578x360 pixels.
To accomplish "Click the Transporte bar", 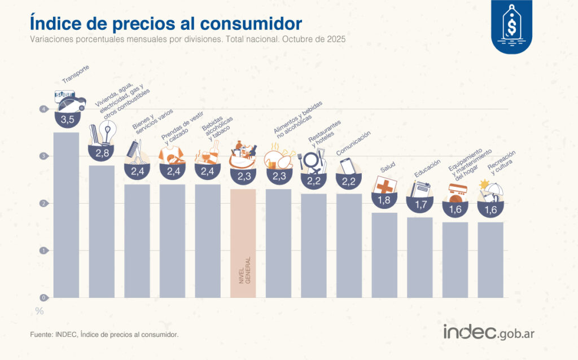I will point(67,214).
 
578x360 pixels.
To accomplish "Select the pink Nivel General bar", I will point(243,243).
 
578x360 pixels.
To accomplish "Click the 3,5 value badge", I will point(67,119).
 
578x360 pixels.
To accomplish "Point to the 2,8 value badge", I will point(102,153).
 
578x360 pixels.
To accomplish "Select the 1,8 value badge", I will point(384,200).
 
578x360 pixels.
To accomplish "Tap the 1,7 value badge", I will point(420,205).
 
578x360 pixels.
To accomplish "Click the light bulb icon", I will point(107,134).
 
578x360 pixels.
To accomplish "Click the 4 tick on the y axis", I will point(43,109).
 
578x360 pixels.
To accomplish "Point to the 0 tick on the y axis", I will point(43,297).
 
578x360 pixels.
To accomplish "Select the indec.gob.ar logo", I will point(488,332).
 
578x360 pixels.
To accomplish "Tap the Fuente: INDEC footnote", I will point(104,335).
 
